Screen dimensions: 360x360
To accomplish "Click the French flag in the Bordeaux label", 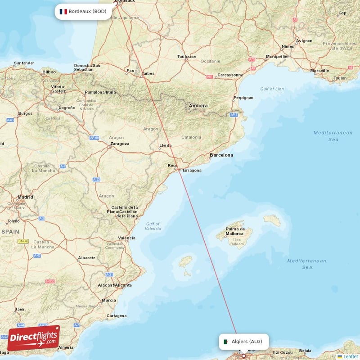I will (x=63, y=11).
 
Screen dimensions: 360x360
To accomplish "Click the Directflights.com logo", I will (x=33, y=338).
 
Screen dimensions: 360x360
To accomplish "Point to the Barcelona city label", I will (x=221, y=155).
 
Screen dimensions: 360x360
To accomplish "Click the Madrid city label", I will (x=25, y=197).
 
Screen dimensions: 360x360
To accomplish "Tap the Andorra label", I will (x=198, y=106).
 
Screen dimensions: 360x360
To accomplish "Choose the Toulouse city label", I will (x=187, y=57).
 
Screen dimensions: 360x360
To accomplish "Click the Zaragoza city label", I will (x=119, y=144).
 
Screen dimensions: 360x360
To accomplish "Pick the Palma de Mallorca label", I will (x=236, y=231).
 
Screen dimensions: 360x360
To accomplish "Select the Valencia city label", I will (x=126, y=238).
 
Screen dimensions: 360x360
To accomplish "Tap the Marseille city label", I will (x=319, y=71).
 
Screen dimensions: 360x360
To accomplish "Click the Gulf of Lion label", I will (x=272, y=89).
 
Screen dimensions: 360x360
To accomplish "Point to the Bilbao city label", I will (x=49, y=72).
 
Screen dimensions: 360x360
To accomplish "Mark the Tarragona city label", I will (x=192, y=171).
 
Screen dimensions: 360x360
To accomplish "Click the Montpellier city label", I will (x=278, y=57).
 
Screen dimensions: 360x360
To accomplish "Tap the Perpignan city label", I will (x=243, y=98).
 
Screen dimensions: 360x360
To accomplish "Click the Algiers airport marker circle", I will (x=244, y=355).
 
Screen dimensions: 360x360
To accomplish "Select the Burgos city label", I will (x=25, y=113).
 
